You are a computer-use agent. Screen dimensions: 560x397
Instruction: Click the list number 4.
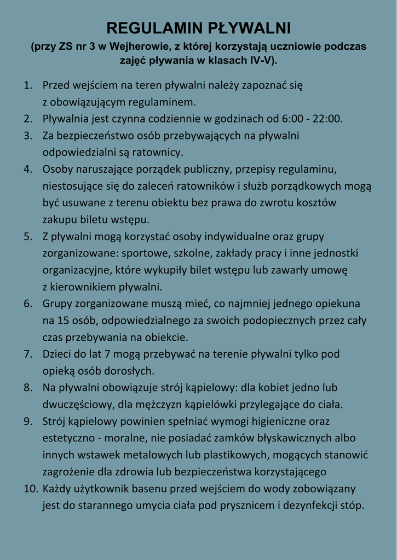tap(27, 169)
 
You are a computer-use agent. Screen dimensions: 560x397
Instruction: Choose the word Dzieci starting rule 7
tap(57, 354)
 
